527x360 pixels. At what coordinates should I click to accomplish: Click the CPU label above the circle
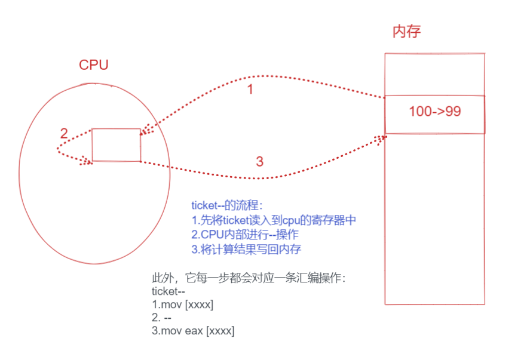tap(94, 64)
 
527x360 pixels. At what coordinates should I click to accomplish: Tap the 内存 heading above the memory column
tap(406, 32)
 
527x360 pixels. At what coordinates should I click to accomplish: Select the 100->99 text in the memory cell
tap(434, 112)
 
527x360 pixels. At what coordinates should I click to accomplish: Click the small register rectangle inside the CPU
tap(116, 144)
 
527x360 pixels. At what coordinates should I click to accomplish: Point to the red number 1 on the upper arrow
tap(250, 90)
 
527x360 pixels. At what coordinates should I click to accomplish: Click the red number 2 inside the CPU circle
tap(64, 134)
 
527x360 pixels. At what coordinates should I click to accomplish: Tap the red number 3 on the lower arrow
tap(259, 161)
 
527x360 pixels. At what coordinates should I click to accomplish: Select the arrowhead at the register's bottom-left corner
tap(88, 159)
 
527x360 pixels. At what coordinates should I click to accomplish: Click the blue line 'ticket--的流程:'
tap(227, 206)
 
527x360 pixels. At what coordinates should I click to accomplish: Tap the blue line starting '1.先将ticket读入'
tap(274, 220)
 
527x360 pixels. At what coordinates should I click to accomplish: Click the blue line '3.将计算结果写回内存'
tap(250, 249)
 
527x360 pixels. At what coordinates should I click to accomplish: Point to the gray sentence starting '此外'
tap(249, 278)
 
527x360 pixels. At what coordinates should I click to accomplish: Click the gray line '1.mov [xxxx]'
tap(183, 304)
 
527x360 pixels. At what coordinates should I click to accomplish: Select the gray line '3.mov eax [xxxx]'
tap(193, 331)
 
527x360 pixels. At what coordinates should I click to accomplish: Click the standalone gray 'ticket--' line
tap(165, 291)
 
